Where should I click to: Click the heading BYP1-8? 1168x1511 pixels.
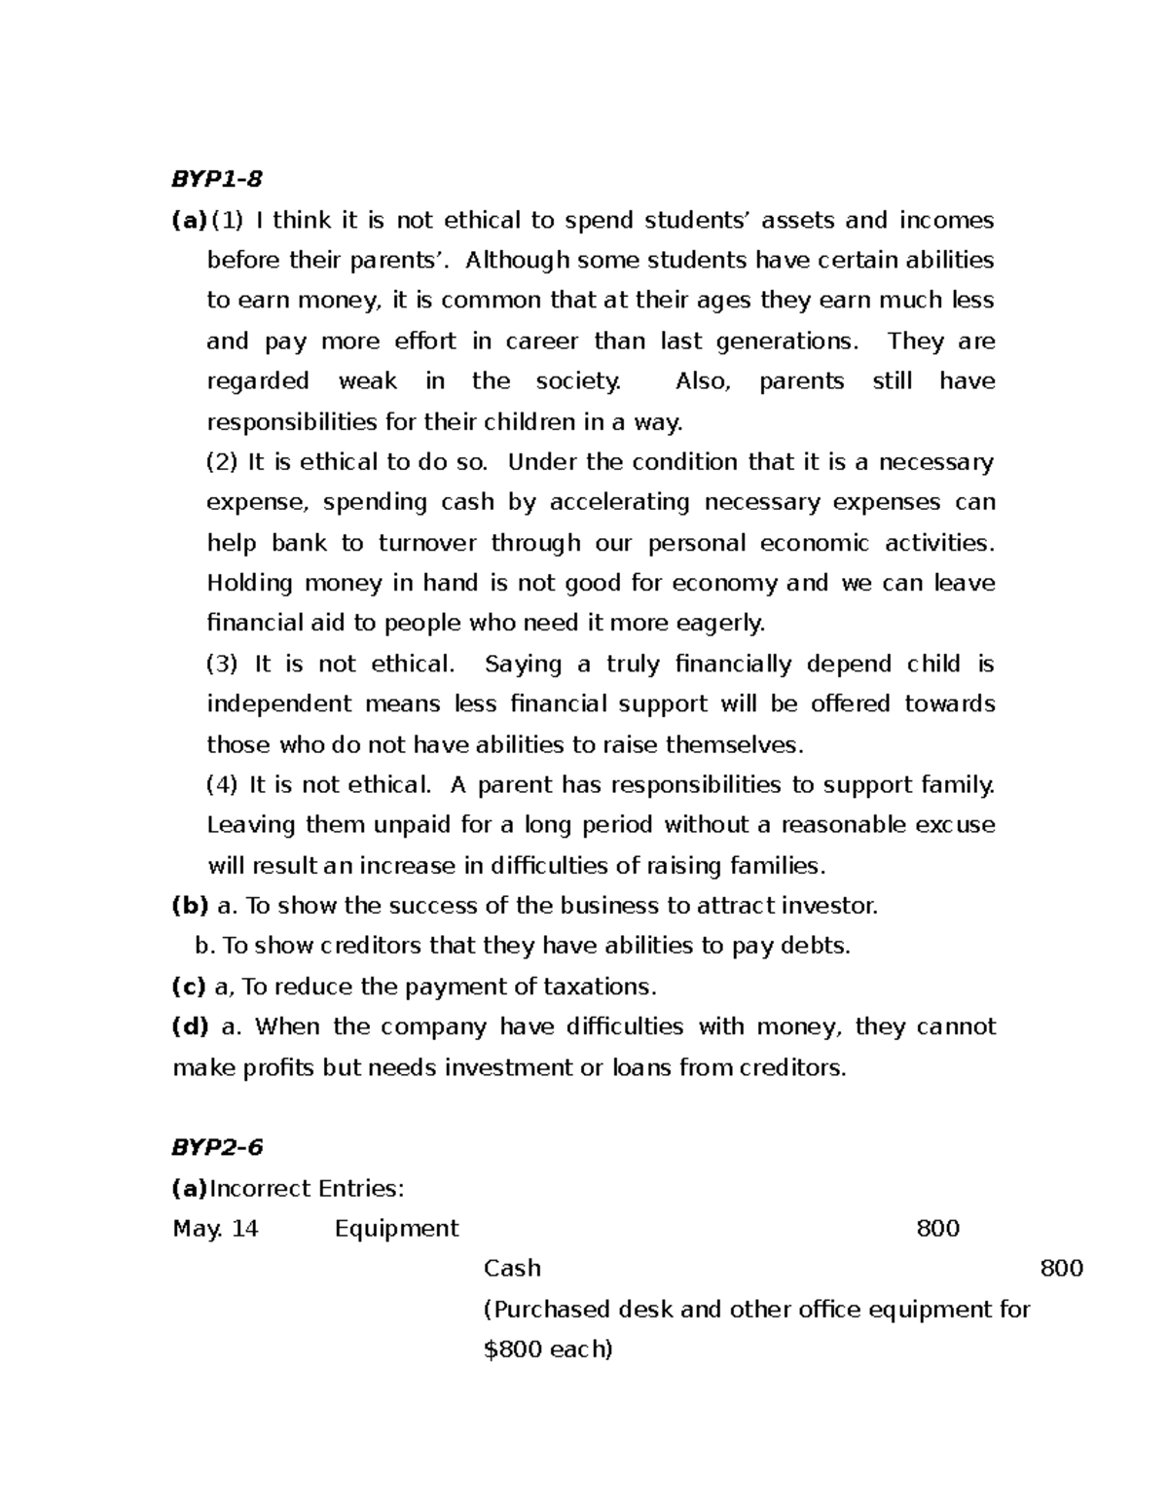(x=217, y=179)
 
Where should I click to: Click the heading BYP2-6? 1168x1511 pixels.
(x=217, y=1147)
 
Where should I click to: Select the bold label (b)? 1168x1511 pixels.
(x=190, y=906)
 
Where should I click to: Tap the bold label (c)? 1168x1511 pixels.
(x=189, y=987)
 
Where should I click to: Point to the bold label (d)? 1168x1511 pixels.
(x=190, y=1026)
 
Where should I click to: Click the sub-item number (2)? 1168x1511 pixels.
(x=222, y=461)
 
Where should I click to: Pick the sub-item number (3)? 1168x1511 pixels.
(x=222, y=664)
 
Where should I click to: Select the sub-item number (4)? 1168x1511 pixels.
(x=222, y=784)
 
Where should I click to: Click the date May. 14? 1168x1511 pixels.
(x=215, y=1228)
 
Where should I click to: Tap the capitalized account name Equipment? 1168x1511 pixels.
(x=396, y=1228)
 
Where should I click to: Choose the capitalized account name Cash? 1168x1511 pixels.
(x=512, y=1268)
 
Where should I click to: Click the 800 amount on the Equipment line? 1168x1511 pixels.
(x=938, y=1228)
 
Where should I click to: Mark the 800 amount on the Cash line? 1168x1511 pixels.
(x=1062, y=1268)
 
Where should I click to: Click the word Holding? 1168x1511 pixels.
(x=250, y=583)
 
